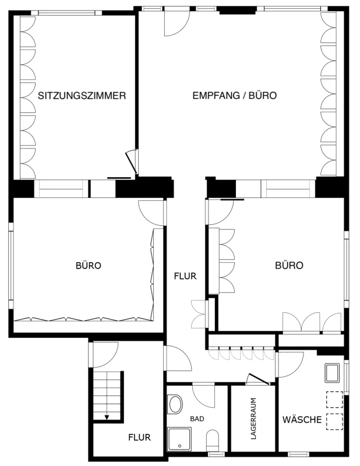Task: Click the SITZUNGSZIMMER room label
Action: (x=82, y=96)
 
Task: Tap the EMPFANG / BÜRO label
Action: (x=235, y=96)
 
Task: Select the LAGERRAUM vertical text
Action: (x=253, y=419)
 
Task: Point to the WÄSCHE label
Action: (x=302, y=419)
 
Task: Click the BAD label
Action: (x=197, y=419)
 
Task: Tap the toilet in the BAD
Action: (x=212, y=440)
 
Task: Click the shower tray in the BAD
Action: (x=179, y=439)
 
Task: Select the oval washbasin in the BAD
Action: (x=175, y=404)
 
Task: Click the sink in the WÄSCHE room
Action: (x=332, y=373)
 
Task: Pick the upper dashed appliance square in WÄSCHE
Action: (x=335, y=400)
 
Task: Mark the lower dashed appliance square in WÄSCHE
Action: (x=335, y=422)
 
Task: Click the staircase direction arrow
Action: (x=107, y=417)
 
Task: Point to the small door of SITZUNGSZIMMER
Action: (x=132, y=161)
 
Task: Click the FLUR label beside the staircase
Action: (x=139, y=437)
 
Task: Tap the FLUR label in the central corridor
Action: (x=185, y=276)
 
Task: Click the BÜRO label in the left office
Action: (x=89, y=265)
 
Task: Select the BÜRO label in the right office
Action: (x=289, y=265)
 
